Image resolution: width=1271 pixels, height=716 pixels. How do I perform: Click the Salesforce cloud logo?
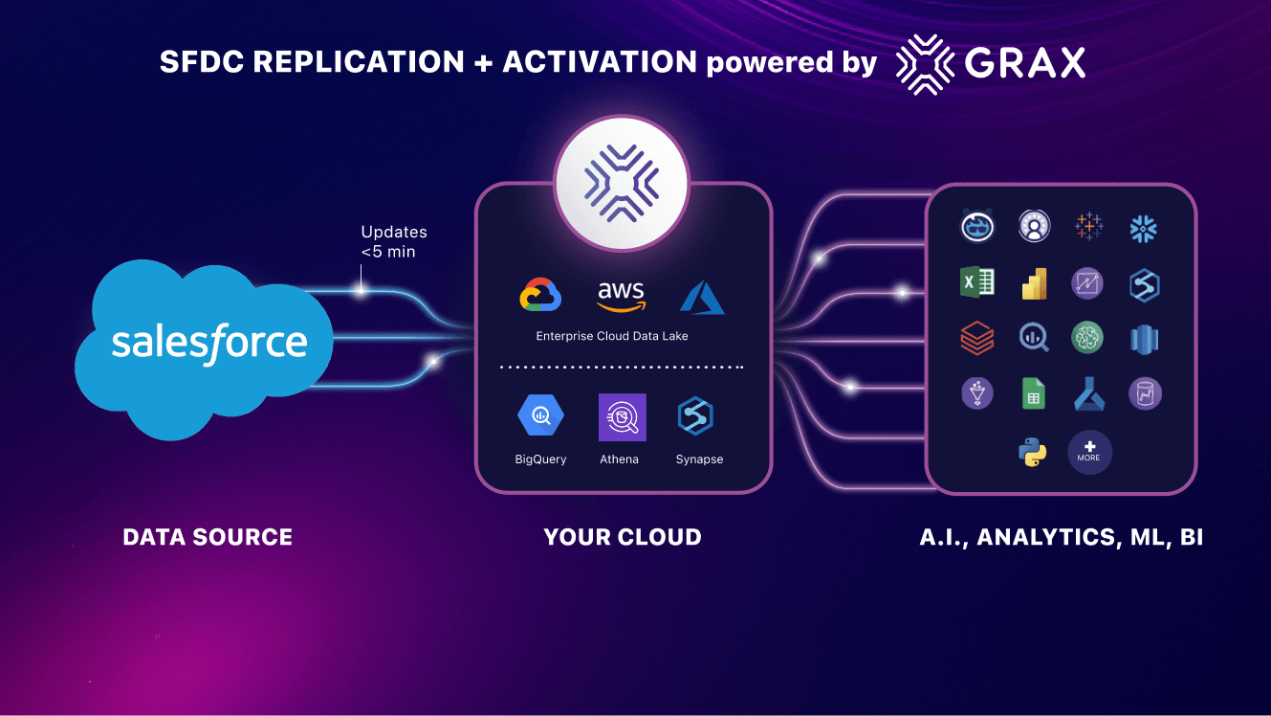pos(205,343)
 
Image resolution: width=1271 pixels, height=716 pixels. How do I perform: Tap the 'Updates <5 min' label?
pos(393,242)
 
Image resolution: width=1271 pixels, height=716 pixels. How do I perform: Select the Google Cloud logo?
pos(540,296)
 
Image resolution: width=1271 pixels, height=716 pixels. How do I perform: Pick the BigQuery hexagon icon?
pos(540,416)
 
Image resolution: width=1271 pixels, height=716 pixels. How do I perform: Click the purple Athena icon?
pos(622,417)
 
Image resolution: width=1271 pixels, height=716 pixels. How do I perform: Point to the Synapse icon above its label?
pos(696,416)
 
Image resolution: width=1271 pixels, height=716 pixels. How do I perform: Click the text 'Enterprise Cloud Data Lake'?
pos(612,336)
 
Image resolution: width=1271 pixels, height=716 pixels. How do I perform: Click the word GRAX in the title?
pos(1025,63)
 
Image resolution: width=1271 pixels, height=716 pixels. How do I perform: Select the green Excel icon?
pos(977,282)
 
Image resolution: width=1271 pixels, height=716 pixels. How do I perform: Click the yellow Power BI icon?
pos(1034,282)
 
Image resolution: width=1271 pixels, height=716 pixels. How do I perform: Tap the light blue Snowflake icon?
pos(1143,227)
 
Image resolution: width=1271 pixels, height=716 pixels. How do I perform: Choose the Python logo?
pos(1033,452)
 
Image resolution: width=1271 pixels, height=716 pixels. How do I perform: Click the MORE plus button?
pos(1089,452)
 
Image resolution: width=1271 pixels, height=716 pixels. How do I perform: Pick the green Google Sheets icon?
pos(1034,393)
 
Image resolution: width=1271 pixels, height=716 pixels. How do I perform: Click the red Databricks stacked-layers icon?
pos(977,337)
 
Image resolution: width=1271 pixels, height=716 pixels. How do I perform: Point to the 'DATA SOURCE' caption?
pos(208,538)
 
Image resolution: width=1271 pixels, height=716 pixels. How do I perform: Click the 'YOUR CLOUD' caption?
pos(623,538)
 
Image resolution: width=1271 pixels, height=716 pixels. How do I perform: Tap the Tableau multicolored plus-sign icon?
pos(1088,227)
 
